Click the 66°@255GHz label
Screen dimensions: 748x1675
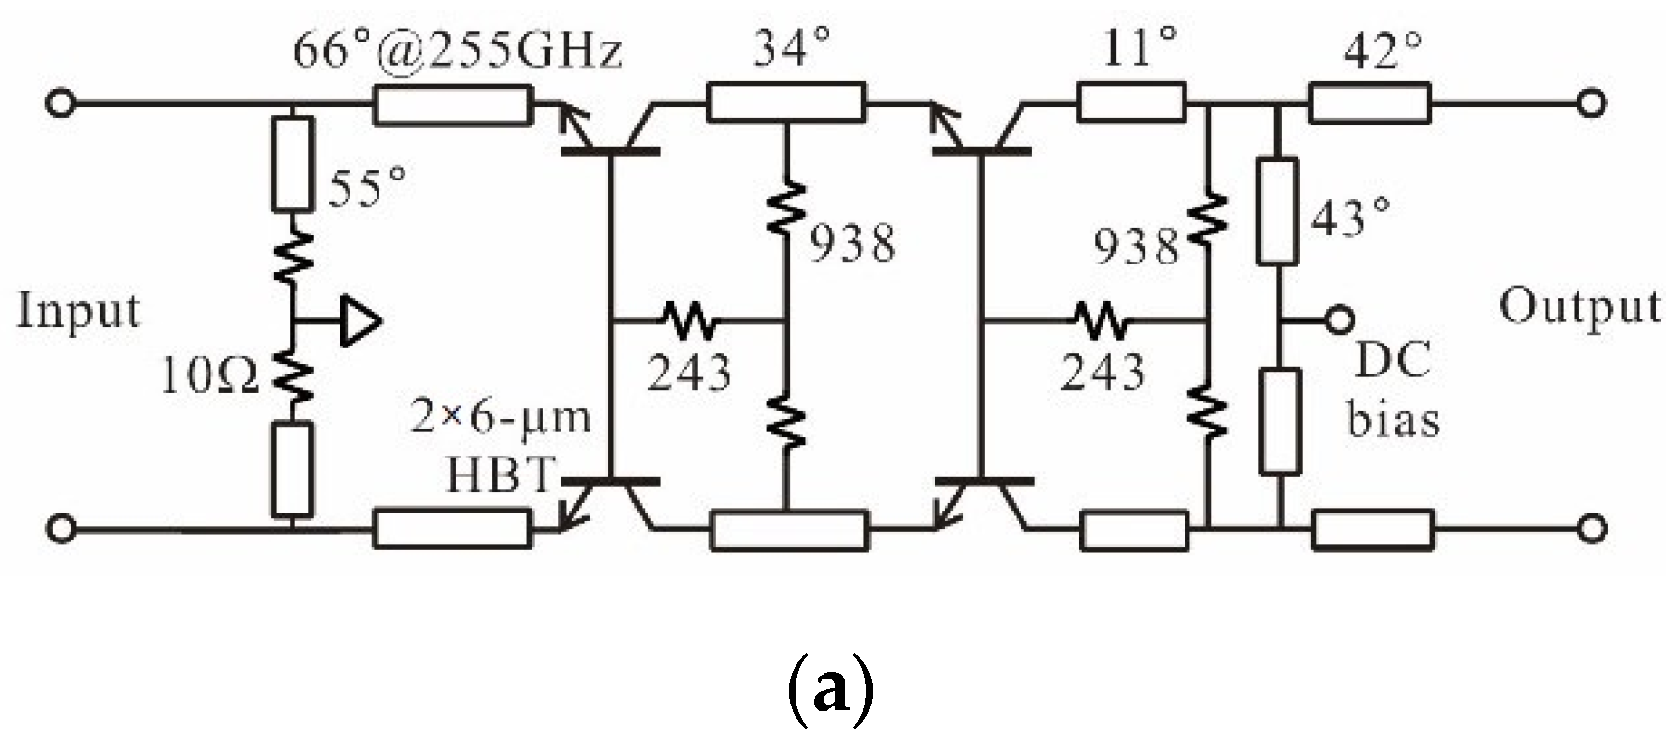coord(458,50)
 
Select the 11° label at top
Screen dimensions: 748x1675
coord(1139,46)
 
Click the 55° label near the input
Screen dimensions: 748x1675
coord(368,186)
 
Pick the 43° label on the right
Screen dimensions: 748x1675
coord(1351,218)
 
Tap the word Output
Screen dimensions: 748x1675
coord(1579,307)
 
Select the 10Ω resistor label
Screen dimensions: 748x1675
coord(209,376)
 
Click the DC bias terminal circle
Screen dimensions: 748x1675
coord(1340,318)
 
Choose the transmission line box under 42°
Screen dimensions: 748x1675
coord(1369,102)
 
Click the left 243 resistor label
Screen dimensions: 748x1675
coord(688,372)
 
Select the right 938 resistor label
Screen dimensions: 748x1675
coord(1136,247)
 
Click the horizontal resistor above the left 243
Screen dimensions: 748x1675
coord(689,319)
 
